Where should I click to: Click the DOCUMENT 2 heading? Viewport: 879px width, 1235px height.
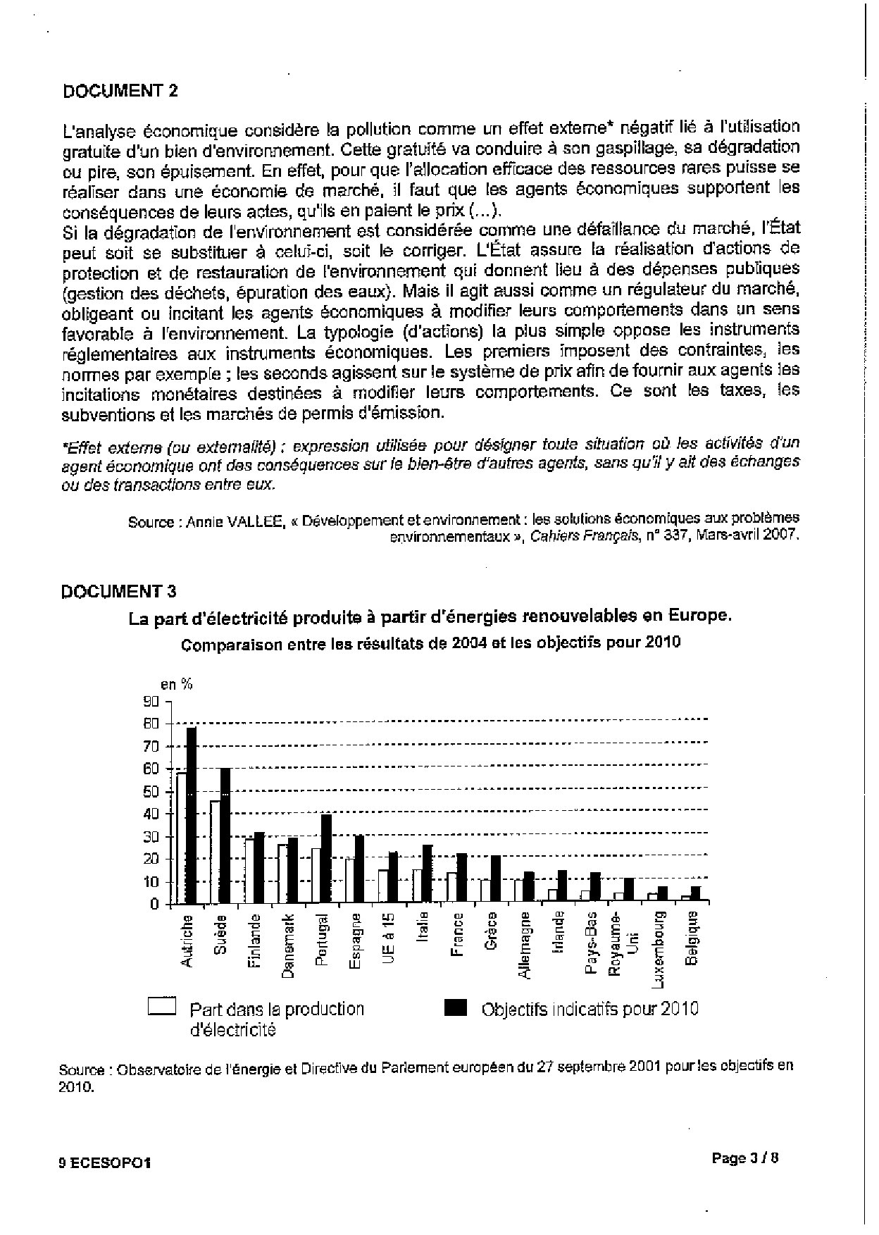[x=120, y=90]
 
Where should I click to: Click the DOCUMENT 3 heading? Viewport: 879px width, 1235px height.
[x=120, y=591]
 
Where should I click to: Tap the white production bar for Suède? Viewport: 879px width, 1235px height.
[x=215, y=852]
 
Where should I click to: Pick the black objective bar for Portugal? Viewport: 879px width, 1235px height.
[x=326, y=859]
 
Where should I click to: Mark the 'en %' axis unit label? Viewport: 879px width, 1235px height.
[x=176, y=683]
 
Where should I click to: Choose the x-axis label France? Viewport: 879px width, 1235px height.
[x=458, y=935]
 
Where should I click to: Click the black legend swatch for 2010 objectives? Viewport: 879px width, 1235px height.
[x=456, y=1008]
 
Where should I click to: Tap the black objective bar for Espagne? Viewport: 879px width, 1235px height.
[x=359, y=869]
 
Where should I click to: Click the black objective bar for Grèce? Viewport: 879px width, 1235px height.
[x=496, y=879]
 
